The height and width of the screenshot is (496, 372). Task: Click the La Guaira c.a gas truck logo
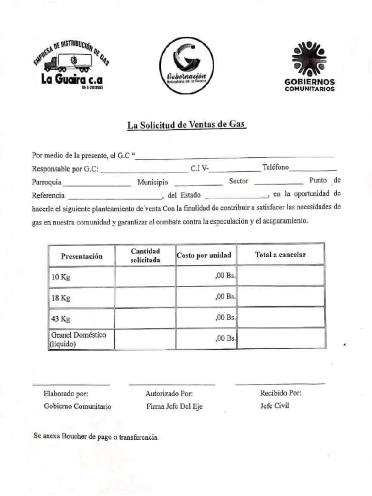71,67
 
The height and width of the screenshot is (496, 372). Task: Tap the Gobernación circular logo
186,66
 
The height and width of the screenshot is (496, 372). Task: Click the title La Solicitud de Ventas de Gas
186,124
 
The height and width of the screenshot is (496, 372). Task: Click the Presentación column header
81,256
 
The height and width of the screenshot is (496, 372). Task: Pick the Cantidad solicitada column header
145,255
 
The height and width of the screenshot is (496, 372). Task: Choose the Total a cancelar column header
280,255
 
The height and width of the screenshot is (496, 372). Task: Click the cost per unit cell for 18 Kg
206,297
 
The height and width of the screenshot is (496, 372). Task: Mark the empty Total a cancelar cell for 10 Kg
280,276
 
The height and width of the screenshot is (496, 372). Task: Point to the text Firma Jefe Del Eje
174,406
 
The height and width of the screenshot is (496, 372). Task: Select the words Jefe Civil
274,406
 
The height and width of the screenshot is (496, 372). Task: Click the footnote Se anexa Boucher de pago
96,436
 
